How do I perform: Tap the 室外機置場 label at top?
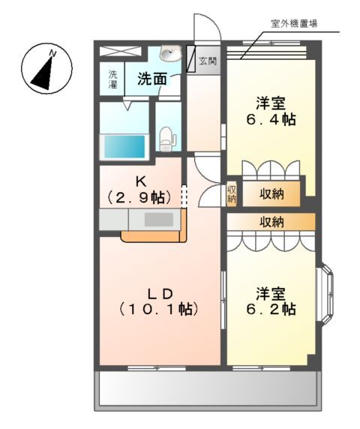292,23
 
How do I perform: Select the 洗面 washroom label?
151,78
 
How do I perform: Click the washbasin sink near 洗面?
169,54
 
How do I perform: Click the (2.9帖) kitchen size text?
140,197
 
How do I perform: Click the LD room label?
158,292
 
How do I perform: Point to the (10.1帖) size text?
158,308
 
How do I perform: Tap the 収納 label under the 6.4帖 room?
271,193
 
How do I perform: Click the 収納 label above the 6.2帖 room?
271,221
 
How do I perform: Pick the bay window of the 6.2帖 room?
327,293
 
